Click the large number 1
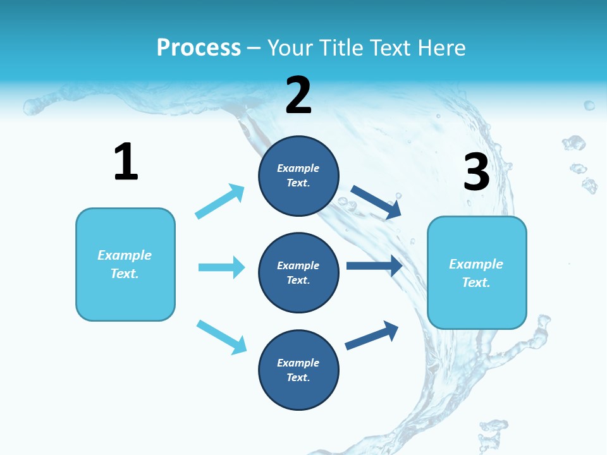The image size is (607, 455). [x=126, y=162]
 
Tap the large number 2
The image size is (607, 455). [x=298, y=95]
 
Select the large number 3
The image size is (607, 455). [x=476, y=172]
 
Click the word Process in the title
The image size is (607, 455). [x=199, y=47]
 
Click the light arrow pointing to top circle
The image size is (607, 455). [x=219, y=202]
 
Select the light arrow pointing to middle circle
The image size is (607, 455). [x=221, y=267]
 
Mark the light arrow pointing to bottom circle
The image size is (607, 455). [x=221, y=337]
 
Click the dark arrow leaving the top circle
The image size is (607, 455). [x=376, y=202]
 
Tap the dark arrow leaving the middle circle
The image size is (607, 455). [x=374, y=265]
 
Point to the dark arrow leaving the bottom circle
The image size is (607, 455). [x=372, y=336]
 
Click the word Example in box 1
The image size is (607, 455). [x=125, y=255]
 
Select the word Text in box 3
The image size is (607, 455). [x=476, y=282]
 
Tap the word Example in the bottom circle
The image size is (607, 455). [x=298, y=363]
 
